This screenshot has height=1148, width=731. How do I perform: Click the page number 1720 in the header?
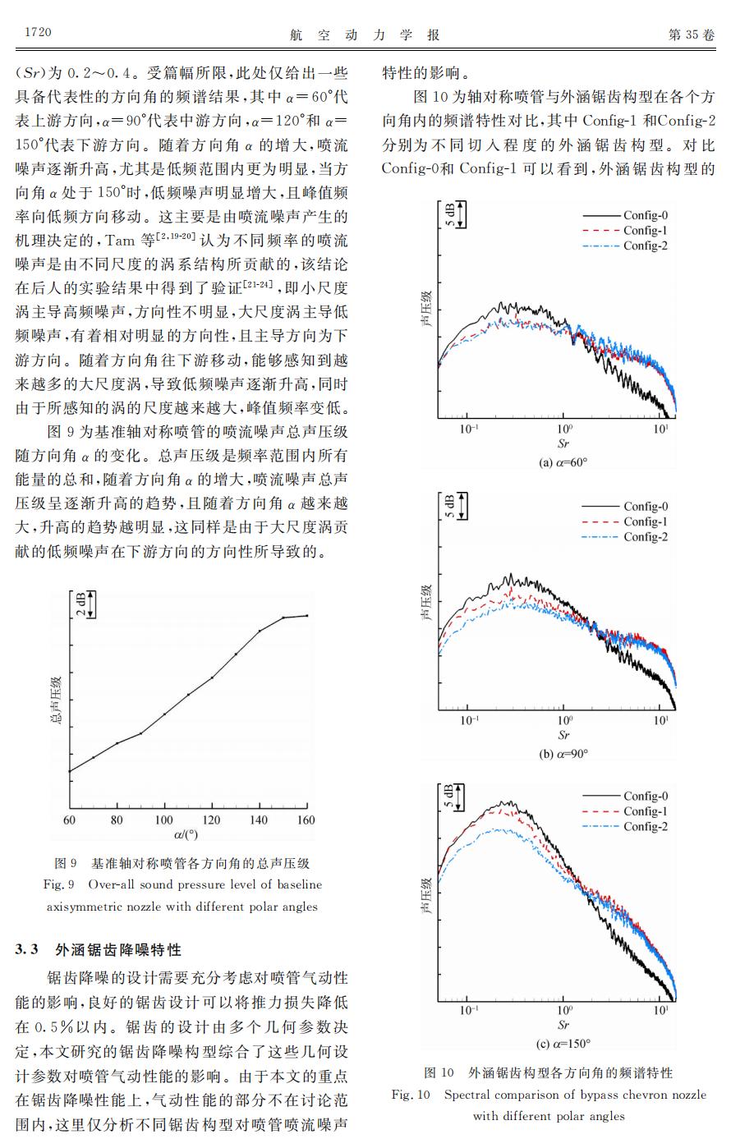tap(34, 33)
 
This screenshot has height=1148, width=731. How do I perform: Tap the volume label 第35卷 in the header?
tap(692, 34)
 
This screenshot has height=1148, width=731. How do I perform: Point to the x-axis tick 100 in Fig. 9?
tap(164, 820)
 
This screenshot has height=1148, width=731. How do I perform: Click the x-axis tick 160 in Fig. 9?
tap(306, 820)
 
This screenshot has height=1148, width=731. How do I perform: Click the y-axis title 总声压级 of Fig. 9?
tap(57, 702)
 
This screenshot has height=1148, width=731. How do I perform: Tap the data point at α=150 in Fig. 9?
tap(283, 618)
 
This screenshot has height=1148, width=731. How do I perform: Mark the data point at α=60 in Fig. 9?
tap(70, 771)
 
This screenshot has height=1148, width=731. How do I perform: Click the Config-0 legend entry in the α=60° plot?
tap(645, 216)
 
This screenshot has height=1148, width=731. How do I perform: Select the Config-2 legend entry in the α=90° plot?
tap(645, 537)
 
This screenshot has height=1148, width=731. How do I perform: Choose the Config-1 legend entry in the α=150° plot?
tap(645, 811)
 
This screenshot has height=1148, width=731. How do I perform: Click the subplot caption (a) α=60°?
tap(563, 462)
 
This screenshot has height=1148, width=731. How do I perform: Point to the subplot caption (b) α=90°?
tap(563, 753)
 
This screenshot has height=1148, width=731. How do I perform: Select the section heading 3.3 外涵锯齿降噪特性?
tap(99, 950)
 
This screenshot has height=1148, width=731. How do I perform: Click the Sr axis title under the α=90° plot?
tap(563, 735)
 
